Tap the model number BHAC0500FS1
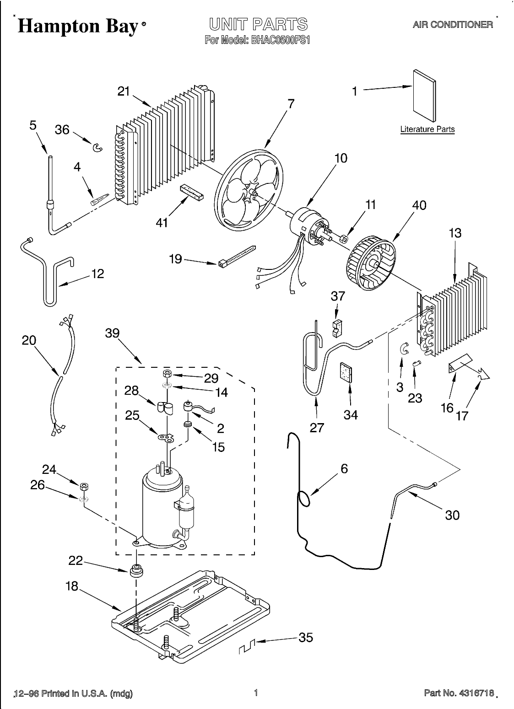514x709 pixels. point(280,41)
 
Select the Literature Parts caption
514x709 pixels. point(427,129)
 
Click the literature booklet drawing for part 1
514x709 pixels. point(424,96)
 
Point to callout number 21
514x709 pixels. point(124,91)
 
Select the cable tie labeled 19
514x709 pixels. point(237,256)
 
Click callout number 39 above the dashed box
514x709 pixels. point(113,333)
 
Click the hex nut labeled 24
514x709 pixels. point(84,486)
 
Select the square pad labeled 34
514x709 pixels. point(346,373)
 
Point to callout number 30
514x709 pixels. point(452,516)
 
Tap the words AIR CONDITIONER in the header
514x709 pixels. point(453,24)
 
